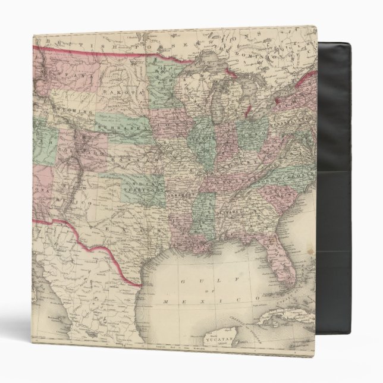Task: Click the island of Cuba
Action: point(291,321)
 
